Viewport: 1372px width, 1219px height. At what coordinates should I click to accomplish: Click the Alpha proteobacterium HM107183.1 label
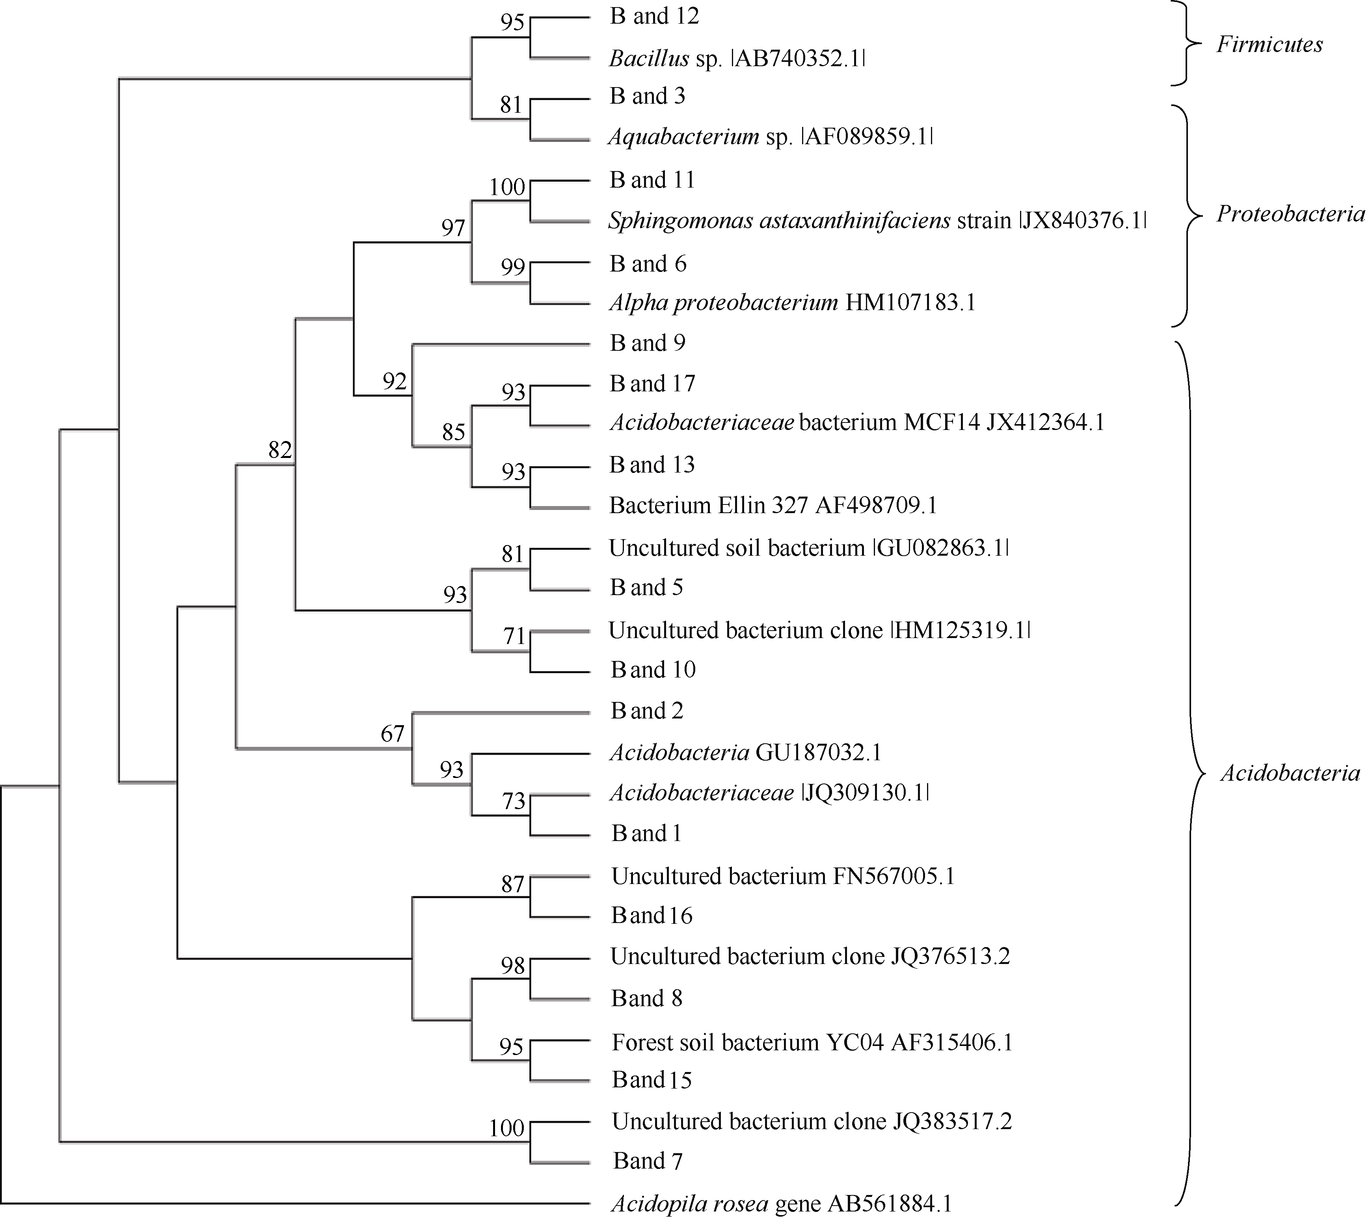(792, 303)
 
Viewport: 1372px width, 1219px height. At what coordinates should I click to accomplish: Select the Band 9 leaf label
(648, 343)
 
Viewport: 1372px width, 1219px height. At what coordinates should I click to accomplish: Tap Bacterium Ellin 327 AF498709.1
(773, 505)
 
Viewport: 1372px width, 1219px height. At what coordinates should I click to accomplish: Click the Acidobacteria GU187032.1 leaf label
(745, 752)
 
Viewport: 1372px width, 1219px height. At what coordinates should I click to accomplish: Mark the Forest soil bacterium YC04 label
(812, 1042)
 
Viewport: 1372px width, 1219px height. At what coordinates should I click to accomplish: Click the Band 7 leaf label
(648, 1161)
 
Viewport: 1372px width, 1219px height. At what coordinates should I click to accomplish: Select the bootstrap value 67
(393, 734)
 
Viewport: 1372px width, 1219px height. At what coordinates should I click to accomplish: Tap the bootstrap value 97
(453, 228)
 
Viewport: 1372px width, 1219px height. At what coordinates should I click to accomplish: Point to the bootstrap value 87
(513, 884)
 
